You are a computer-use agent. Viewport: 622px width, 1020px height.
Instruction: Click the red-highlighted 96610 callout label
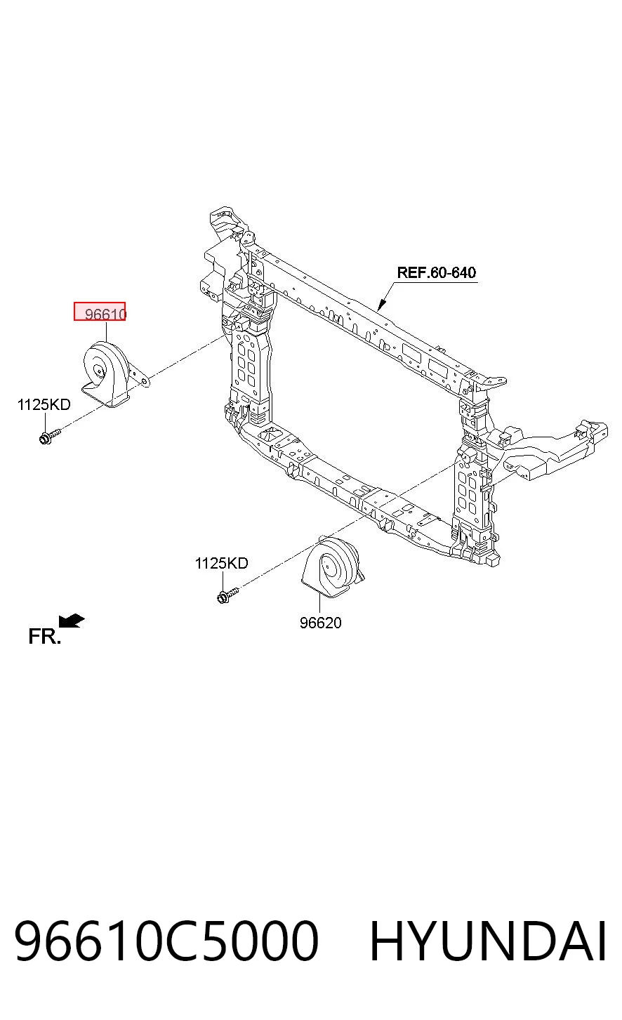pyautogui.click(x=100, y=312)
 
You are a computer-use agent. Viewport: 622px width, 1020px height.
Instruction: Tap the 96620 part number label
pyautogui.click(x=321, y=623)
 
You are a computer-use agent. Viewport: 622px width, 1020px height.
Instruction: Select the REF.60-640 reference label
pyautogui.click(x=437, y=273)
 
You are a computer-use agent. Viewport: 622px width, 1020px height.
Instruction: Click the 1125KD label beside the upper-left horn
pyautogui.click(x=44, y=404)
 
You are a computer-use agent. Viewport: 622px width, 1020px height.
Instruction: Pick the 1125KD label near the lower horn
pyautogui.click(x=222, y=563)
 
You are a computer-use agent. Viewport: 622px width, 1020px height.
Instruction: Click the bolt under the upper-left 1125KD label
pyautogui.click(x=50, y=436)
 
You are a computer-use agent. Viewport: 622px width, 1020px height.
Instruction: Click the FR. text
pyautogui.click(x=44, y=636)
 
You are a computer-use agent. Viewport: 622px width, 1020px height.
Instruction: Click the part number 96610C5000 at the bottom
pyautogui.click(x=166, y=941)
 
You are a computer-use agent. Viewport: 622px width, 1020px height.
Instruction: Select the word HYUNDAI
pyautogui.click(x=488, y=941)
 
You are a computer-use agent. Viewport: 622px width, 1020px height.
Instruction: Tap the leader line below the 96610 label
pyautogui.click(x=106, y=331)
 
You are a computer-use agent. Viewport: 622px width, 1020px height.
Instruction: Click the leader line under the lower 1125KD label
pyautogui.click(x=223, y=580)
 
